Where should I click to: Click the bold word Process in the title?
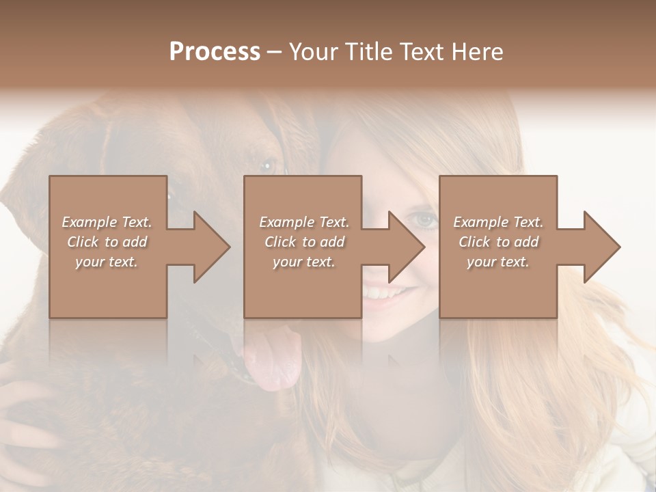[215, 51]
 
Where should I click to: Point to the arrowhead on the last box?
[601, 247]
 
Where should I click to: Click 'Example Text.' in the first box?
[107, 222]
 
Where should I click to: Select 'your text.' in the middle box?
[303, 262]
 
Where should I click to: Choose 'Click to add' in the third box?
[498, 242]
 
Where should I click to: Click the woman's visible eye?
[425, 220]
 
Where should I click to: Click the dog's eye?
[268, 164]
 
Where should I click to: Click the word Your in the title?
[314, 51]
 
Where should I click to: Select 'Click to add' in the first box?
[107, 242]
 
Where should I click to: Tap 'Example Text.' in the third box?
[498, 222]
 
